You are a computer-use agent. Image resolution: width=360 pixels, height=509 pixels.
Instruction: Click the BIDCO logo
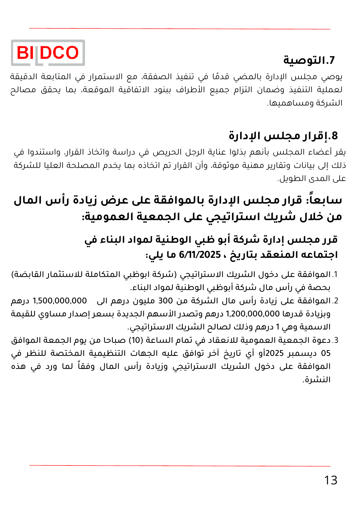48,53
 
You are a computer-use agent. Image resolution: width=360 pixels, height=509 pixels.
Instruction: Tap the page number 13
330,481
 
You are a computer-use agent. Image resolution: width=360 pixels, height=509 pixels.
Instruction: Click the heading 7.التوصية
309,60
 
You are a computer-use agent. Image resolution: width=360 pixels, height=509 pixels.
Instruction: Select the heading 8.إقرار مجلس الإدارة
283,135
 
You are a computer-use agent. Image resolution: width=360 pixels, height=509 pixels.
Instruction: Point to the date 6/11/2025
200,255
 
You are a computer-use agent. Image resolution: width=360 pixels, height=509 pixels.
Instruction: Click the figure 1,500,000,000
60,301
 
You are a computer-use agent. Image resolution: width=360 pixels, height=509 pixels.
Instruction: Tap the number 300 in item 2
165,301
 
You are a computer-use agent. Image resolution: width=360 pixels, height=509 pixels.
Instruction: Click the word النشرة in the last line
317,380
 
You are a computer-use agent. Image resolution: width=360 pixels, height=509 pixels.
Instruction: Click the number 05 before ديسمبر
326,353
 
